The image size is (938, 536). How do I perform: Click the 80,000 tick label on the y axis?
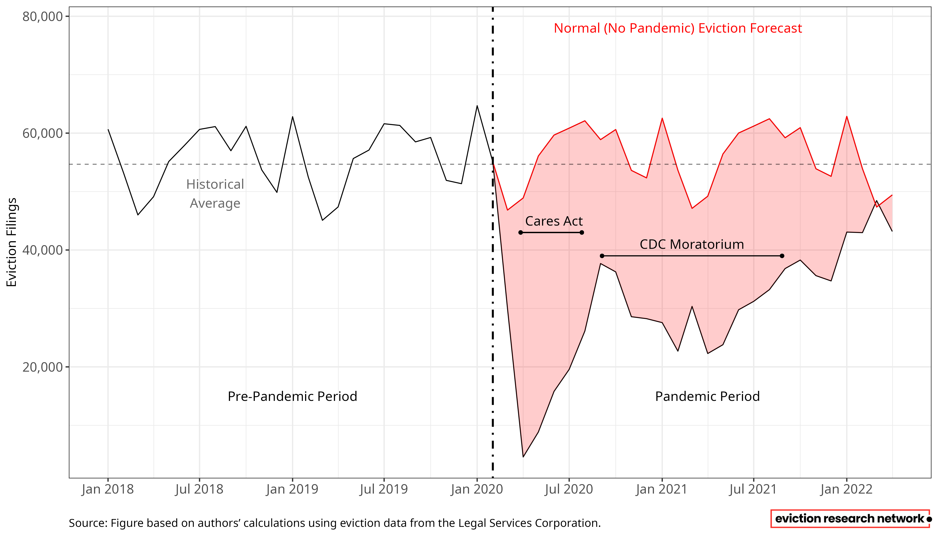[x=42, y=17]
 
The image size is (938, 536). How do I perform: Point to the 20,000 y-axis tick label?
[x=42, y=367]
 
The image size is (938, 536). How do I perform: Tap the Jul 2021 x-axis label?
[x=753, y=489]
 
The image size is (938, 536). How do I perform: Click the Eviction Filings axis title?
[x=12, y=242]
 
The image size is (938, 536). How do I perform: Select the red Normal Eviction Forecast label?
[x=678, y=28]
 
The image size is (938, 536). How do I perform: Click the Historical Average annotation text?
[x=215, y=194]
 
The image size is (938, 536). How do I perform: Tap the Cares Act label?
[x=554, y=221]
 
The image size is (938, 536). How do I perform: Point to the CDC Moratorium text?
[x=692, y=245]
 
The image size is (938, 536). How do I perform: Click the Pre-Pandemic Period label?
[x=292, y=396]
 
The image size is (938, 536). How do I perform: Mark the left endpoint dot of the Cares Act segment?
[x=521, y=233]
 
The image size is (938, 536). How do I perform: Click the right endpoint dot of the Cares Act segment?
[x=582, y=233]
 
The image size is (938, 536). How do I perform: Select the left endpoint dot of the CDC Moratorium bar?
[x=602, y=256]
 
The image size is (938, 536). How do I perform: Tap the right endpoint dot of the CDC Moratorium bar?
[x=782, y=256]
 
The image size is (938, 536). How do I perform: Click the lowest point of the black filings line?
[x=523, y=457]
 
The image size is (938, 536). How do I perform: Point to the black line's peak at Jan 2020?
[x=477, y=106]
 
